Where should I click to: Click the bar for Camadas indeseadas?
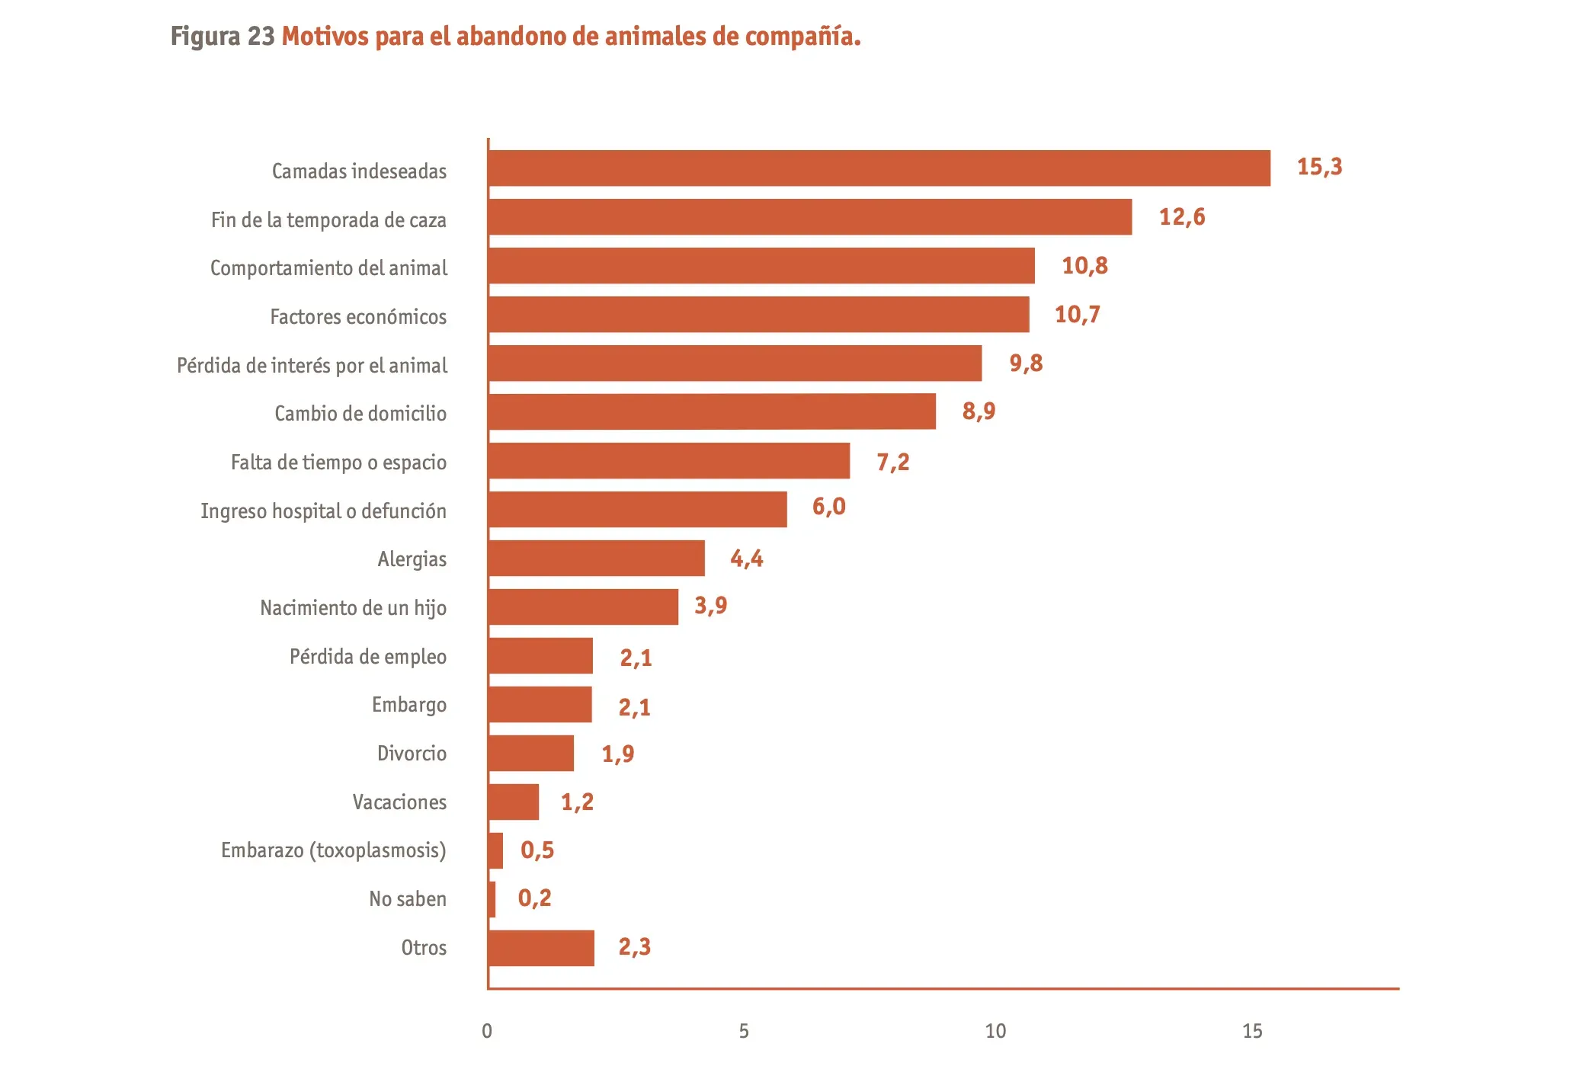pos(879,168)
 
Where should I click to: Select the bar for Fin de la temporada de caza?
pos(809,217)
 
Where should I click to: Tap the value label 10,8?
pos(1084,266)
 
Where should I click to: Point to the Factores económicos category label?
pos(358,317)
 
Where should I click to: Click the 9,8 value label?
pos(1026,363)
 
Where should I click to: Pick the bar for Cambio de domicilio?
pos(712,411)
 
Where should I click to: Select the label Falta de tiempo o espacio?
pos(338,463)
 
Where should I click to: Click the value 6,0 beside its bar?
pos(828,507)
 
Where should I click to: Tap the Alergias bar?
pos(596,559)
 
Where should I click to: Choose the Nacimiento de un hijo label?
pos(353,608)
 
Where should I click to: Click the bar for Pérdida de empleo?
pos(540,656)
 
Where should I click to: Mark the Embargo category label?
pos(408,705)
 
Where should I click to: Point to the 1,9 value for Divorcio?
pos(618,754)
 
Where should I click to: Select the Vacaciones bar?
pos(514,802)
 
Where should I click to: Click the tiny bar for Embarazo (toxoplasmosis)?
pos(495,851)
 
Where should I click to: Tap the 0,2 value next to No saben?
pos(534,898)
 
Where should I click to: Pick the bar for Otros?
pos(541,949)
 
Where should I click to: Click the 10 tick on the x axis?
pos(995,1032)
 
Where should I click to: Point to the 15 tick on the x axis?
pos(1252,1032)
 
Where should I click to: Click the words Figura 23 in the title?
pos(222,37)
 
